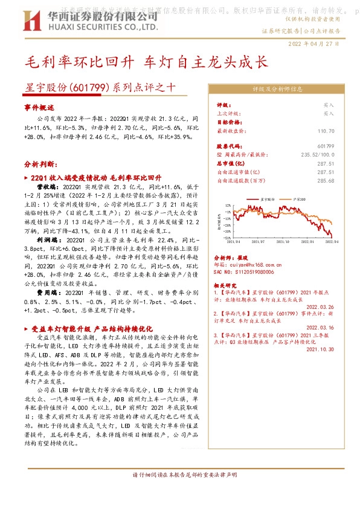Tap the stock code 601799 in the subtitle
[x=88, y=86]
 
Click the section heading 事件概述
[x=39, y=106]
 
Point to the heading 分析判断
[x=42, y=164]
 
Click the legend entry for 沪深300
[x=297, y=198]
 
